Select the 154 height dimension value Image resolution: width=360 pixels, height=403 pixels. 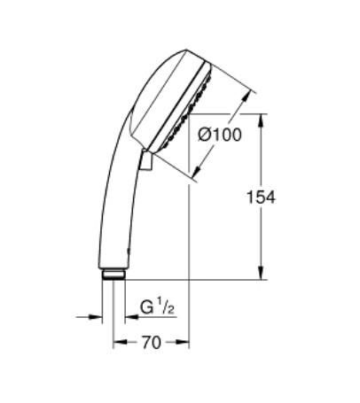(x=260, y=197)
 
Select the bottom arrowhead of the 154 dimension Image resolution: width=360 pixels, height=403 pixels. (x=260, y=274)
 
